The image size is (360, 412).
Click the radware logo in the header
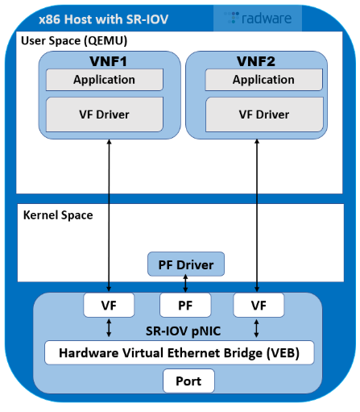click(x=257, y=17)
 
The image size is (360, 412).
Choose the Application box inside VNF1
click(x=104, y=80)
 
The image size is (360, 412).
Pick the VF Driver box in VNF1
click(x=104, y=114)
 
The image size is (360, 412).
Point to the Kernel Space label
click(x=57, y=215)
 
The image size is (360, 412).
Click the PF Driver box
click(x=185, y=263)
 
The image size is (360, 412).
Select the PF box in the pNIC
click(x=185, y=305)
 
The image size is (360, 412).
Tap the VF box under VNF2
click(x=259, y=305)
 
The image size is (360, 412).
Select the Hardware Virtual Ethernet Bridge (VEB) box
click(x=179, y=353)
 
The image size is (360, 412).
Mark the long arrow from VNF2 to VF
click(x=258, y=210)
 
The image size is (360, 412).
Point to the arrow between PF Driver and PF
click(x=186, y=283)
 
